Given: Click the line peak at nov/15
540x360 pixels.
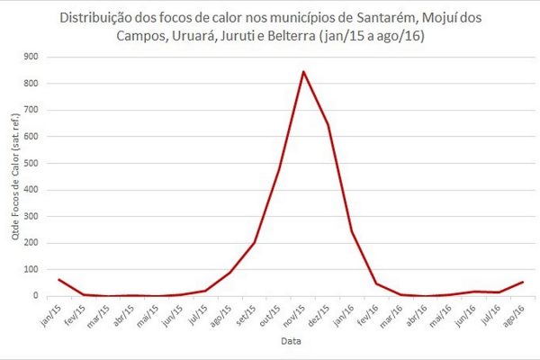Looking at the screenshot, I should (x=303, y=71).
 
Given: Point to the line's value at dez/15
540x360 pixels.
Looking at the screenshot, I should (x=328, y=125).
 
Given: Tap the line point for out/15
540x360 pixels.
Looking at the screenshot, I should (x=279, y=168).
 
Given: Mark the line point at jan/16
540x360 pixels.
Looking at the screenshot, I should (x=352, y=231).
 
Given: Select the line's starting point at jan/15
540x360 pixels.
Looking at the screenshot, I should (x=58, y=279).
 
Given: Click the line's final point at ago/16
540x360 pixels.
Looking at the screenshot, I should (x=522, y=282).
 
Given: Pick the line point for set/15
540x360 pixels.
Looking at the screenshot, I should (x=255, y=243).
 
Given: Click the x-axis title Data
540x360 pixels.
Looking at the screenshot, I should (x=290, y=342).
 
